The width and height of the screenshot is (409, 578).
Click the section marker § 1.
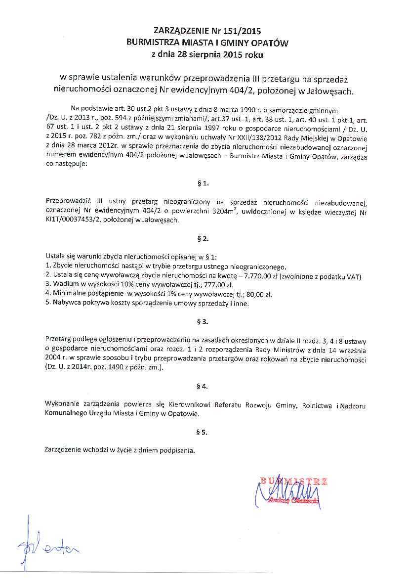pos(203,183)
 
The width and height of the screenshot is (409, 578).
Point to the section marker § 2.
pos(203,238)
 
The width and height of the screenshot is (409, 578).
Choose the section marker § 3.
pos(203,321)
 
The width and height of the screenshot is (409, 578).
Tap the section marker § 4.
pos(203,385)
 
